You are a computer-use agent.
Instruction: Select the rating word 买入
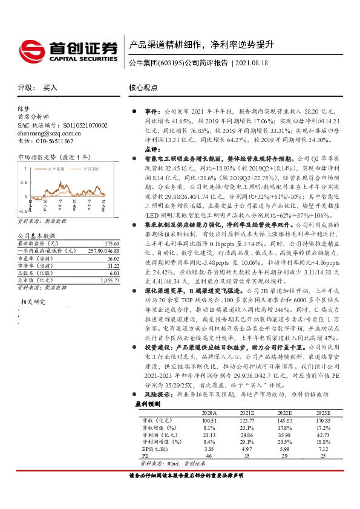point(50,88)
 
